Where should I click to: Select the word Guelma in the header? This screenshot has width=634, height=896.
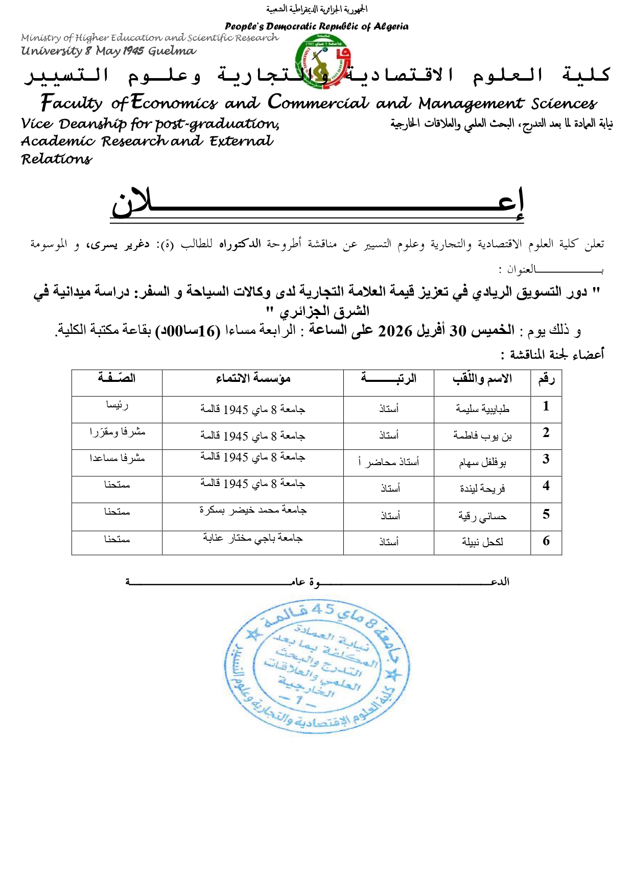172,51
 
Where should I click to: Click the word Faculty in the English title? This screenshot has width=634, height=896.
72,103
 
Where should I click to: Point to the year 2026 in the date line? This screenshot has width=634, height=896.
395,331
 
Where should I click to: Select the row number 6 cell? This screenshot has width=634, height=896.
546,541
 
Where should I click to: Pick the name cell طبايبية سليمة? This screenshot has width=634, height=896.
482,409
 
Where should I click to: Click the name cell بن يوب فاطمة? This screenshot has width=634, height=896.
482,436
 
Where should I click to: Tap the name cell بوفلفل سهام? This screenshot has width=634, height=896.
482,463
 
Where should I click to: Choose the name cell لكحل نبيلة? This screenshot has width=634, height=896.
482,542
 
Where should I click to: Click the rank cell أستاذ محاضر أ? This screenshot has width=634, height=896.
388,462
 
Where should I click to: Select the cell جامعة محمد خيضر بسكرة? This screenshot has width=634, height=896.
253,510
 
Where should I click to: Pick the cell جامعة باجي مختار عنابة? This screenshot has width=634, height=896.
253,538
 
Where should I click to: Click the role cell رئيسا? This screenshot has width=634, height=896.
117,405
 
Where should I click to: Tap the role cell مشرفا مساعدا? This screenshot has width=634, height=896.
117,458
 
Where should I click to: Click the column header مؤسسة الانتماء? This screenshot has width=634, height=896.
253,378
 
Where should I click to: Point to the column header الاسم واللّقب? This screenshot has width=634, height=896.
482,378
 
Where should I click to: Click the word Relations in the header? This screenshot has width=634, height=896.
57,159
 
